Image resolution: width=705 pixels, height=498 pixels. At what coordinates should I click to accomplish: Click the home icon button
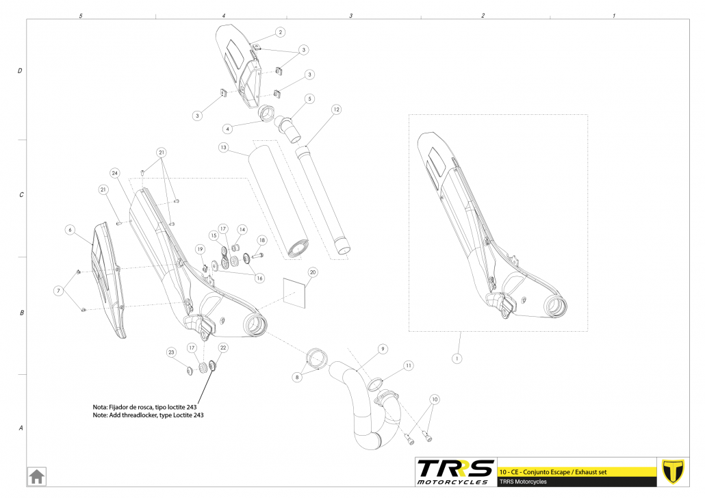(x=36, y=475)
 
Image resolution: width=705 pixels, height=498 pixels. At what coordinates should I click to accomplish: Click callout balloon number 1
(x=457, y=358)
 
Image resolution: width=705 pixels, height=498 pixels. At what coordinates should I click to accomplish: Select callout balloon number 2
(x=280, y=32)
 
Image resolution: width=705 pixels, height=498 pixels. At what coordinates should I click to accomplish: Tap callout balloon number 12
(x=336, y=109)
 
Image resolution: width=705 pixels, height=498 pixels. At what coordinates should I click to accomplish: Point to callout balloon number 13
(x=223, y=148)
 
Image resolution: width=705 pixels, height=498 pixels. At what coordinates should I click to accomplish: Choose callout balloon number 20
(x=312, y=272)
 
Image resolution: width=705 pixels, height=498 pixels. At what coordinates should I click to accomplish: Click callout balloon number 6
(x=69, y=230)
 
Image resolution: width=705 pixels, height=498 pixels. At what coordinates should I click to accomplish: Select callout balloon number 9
(x=383, y=349)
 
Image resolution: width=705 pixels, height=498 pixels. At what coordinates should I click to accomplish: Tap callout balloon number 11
(x=408, y=366)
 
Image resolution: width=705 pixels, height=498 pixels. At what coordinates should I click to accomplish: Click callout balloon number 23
(x=171, y=352)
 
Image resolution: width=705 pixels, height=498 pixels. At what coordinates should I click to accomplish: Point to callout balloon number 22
(x=223, y=348)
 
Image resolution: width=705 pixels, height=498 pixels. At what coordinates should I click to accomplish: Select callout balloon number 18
(x=261, y=240)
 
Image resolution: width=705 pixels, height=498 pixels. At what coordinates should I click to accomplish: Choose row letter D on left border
(x=21, y=71)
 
